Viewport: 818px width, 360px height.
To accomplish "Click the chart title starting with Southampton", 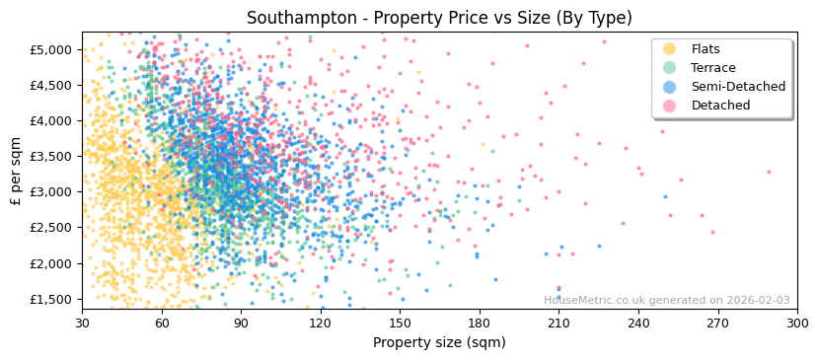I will [439, 18].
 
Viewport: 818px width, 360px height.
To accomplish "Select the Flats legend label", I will [706, 49].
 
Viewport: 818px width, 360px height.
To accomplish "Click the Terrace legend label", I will [712, 68].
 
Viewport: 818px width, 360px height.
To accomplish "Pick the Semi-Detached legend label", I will [738, 87].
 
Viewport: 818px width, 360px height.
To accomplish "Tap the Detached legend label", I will [719, 106].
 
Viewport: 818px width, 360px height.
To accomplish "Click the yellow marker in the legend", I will [670, 49].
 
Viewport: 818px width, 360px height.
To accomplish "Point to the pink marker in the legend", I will [670, 106].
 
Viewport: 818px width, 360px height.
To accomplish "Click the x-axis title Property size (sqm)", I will [439, 343].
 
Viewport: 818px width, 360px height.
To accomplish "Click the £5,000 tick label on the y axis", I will [50, 49].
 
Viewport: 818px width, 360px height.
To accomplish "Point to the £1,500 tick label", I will [50, 299].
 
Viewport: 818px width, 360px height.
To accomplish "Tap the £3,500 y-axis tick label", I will [50, 156].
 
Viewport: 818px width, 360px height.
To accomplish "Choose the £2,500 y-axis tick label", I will [50, 228].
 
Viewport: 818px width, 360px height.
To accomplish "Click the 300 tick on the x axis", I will [797, 323].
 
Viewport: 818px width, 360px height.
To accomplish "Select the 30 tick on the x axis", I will [82, 323].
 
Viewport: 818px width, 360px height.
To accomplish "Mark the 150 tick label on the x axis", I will [400, 323].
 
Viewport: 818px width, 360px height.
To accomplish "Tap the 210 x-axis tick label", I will [558, 323].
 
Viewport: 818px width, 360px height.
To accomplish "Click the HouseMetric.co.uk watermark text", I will [666, 301].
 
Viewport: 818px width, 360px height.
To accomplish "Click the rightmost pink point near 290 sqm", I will [769, 172].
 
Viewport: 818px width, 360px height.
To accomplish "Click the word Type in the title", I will [610, 18].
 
